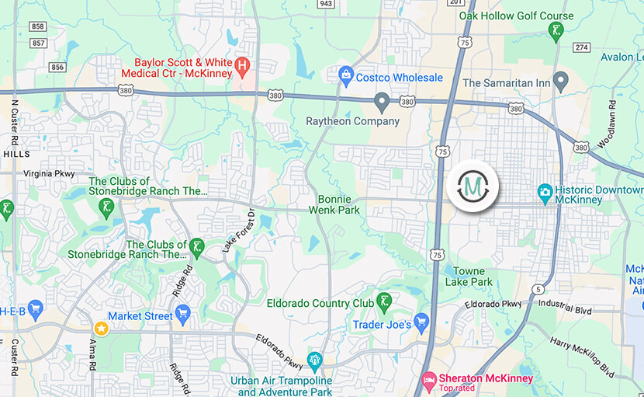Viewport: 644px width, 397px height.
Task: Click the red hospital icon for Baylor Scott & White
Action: (242, 64)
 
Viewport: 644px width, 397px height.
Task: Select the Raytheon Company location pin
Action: (381, 101)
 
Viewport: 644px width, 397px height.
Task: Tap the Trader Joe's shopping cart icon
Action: (421, 322)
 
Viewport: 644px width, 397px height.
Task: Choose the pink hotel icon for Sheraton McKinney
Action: (428, 380)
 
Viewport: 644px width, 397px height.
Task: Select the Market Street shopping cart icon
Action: (183, 314)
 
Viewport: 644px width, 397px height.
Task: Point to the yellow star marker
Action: (100, 328)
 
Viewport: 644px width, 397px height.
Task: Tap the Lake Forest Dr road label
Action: (238, 231)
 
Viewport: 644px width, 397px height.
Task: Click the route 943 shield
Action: (327, 4)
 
